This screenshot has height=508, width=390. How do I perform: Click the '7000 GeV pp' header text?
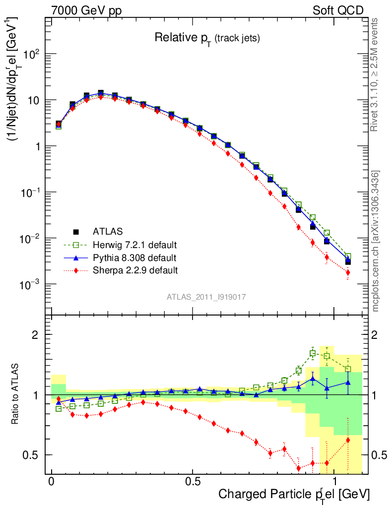point(86,10)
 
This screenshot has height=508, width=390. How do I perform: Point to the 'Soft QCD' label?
point(338,10)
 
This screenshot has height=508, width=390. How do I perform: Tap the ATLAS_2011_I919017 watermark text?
point(206,297)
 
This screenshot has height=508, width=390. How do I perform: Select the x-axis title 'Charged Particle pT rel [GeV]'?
point(294,494)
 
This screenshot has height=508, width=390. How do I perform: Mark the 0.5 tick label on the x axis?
point(193,482)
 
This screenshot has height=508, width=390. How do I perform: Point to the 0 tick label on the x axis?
point(52,482)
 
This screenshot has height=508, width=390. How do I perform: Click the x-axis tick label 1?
point(333,482)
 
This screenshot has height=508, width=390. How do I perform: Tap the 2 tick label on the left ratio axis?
point(37,335)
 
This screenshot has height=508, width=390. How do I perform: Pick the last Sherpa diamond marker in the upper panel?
point(348,272)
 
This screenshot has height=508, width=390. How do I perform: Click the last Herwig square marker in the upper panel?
point(348,256)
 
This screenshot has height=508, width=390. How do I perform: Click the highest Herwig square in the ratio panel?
point(313,353)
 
